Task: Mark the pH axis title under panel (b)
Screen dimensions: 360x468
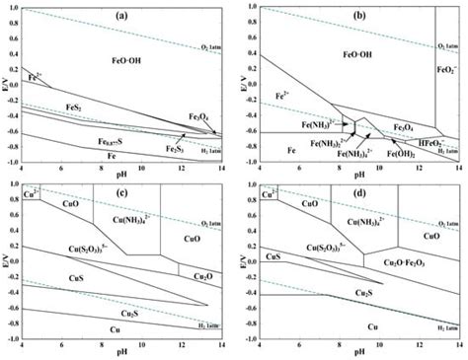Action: (355, 174)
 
